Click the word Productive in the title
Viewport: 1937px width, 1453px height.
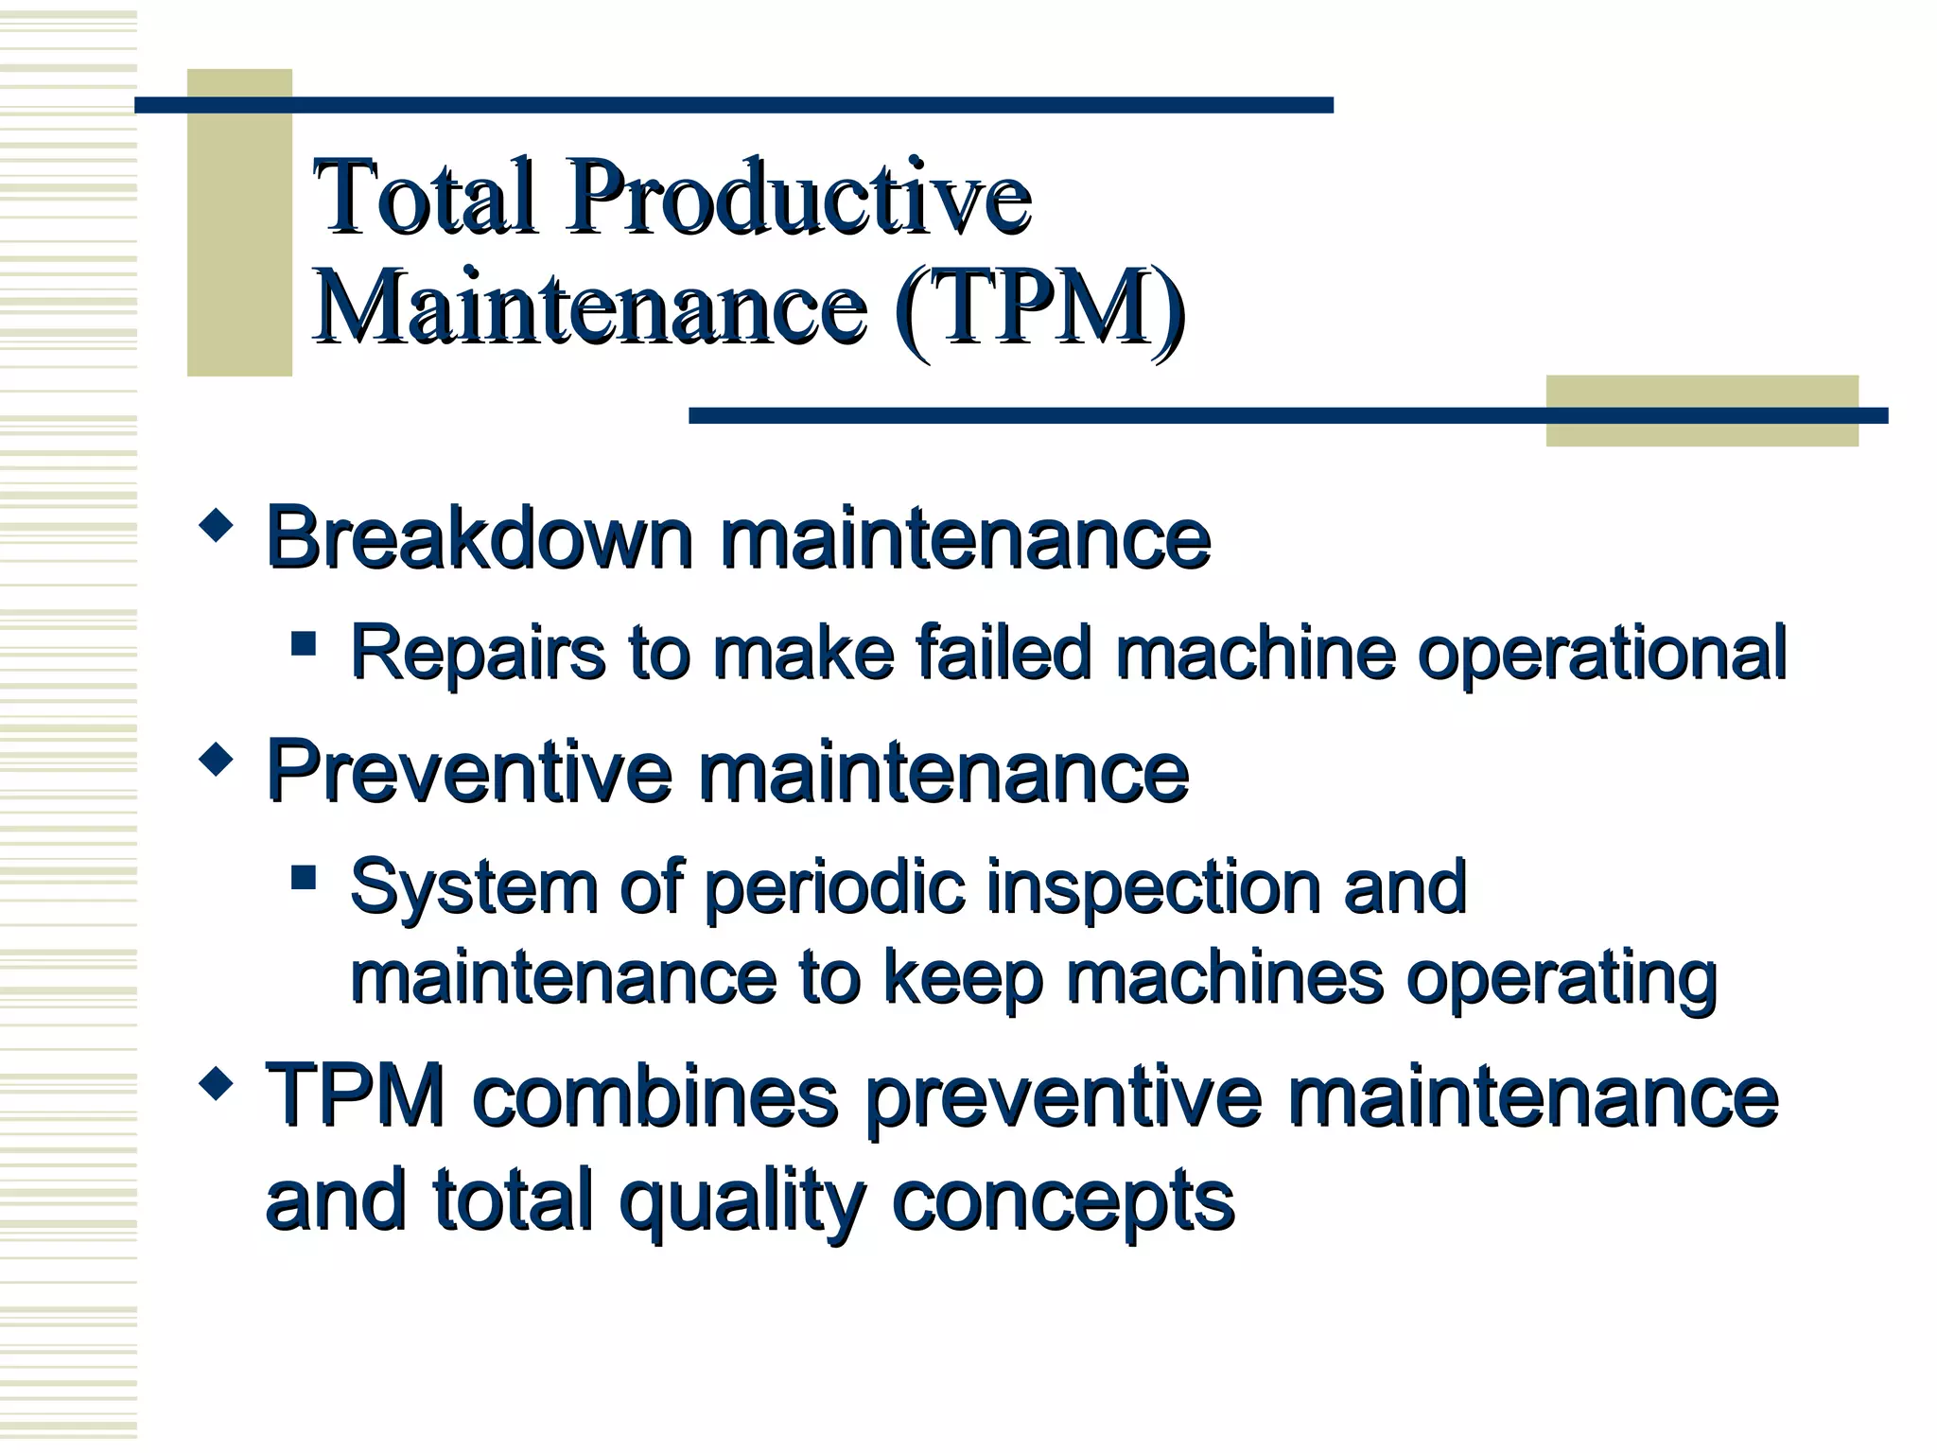point(799,198)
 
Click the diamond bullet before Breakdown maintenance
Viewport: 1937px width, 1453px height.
point(217,525)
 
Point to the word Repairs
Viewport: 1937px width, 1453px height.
point(478,654)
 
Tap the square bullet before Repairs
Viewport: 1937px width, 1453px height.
point(304,644)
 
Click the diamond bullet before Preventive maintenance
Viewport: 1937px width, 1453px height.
point(217,760)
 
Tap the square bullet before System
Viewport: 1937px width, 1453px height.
point(304,877)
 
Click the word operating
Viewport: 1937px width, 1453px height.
point(1561,980)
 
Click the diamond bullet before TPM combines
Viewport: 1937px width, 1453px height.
point(217,1083)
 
